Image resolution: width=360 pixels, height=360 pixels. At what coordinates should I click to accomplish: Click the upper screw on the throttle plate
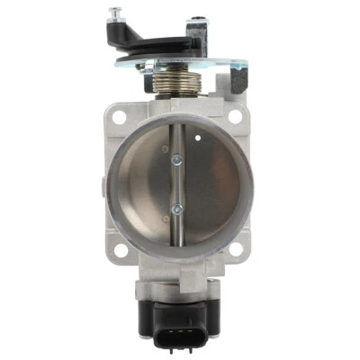175,161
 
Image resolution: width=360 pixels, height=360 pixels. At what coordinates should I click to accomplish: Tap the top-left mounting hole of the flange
115,116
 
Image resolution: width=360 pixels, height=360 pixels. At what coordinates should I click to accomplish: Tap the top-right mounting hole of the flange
236,115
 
